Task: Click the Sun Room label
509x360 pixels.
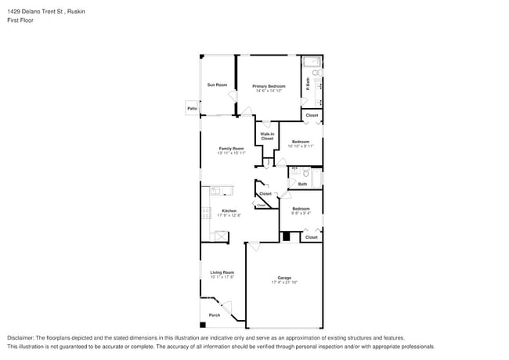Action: tap(217, 85)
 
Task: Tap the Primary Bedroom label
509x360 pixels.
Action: tap(268, 86)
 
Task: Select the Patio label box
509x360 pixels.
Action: tap(192, 108)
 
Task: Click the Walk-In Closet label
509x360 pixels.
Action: tap(267, 136)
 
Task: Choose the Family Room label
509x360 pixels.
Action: tap(233, 148)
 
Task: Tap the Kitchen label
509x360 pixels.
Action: tap(229, 211)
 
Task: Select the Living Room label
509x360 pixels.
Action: tap(222, 272)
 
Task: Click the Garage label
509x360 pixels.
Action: tap(283, 278)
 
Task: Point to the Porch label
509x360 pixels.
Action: tap(214, 315)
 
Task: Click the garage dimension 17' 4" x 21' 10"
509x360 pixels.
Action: tap(283, 283)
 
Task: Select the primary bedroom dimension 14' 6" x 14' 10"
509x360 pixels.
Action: tap(268, 91)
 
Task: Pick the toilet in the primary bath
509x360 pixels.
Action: tap(317, 72)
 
